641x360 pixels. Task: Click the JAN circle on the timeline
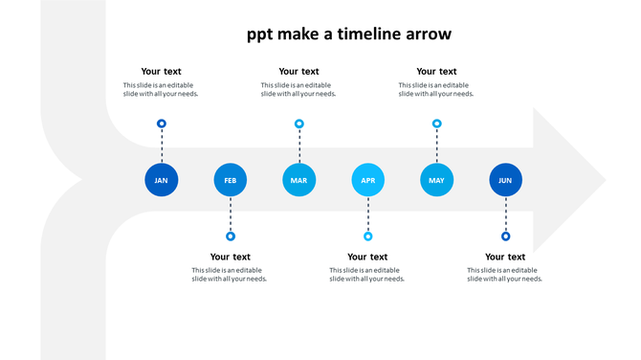click(x=161, y=180)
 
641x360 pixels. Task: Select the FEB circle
click(x=231, y=180)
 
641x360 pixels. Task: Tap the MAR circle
click(x=298, y=180)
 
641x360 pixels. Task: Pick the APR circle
click(x=368, y=180)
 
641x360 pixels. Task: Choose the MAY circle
click(x=436, y=180)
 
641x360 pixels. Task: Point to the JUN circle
click(x=505, y=180)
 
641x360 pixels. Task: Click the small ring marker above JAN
click(x=162, y=124)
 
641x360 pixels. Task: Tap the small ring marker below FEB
click(x=231, y=236)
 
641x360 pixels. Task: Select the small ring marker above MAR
click(x=299, y=124)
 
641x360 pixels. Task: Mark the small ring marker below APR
click(x=368, y=236)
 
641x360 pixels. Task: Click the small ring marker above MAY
click(x=437, y=124)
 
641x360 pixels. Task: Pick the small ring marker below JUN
click(x=506, y=236)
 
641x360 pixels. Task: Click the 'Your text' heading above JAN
click(x=161, y=71)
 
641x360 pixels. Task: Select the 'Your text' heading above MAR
click(x=298, y=71)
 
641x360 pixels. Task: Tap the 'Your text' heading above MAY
click(x=436, y=71)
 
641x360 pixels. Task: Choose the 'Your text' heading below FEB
click(x=230, y=257)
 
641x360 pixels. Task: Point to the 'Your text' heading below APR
click(x=367, y=257)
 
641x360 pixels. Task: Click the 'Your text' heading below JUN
click(x=505, y=257)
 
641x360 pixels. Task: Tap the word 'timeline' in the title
click(x=359, y=34)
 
